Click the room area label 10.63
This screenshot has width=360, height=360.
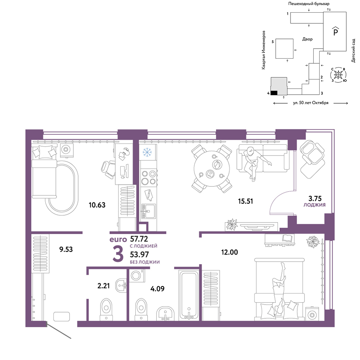97,205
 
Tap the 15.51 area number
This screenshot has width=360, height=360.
246,201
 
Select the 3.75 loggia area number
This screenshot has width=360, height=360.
315,198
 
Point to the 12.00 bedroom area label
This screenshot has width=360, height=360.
229,252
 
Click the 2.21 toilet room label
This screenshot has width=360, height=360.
104,286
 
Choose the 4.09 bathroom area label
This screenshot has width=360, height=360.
157,289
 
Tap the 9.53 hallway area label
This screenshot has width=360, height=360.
66,249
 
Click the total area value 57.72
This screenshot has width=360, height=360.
139,239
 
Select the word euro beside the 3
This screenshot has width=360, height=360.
118,239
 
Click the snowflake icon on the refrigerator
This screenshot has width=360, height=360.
147,152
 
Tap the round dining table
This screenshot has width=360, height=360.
212,168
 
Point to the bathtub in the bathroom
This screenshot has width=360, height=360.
189,295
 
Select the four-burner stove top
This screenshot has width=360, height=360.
149,177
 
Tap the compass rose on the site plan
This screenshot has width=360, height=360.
338,75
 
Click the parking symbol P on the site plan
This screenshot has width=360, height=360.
336,31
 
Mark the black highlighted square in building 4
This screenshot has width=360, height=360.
274,93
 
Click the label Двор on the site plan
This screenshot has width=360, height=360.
307,39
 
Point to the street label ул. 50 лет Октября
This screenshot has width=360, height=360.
311,103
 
